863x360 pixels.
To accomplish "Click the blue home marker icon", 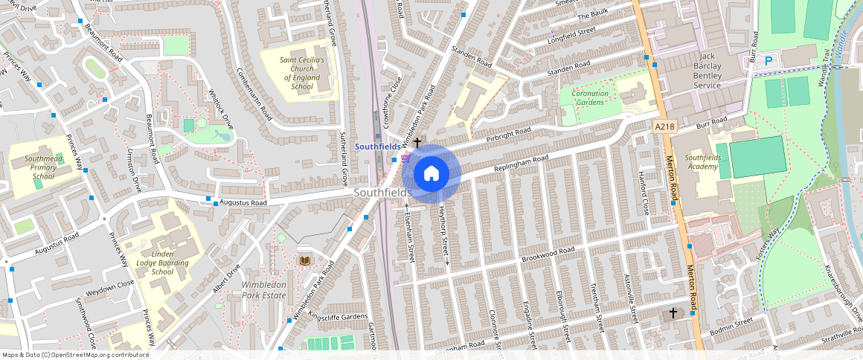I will tap(431, 174).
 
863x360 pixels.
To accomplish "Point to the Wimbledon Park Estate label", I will tap(264, 289).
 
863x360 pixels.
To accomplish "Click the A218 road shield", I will tap(664, 127).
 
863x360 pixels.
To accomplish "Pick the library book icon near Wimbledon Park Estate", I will tap(304, 260).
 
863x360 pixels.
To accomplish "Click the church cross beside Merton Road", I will tap(673, 313).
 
